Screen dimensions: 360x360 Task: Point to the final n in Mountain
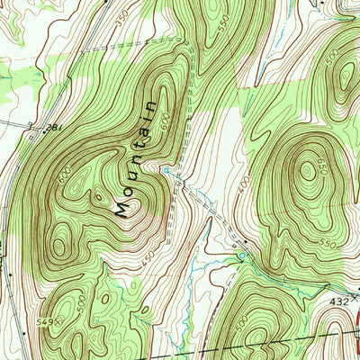163,104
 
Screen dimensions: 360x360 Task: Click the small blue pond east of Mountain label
166,168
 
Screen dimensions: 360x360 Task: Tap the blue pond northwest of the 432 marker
241,257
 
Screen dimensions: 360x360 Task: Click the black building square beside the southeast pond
237,244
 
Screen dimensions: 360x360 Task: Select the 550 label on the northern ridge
225,28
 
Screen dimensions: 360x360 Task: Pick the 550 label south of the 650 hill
326,244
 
